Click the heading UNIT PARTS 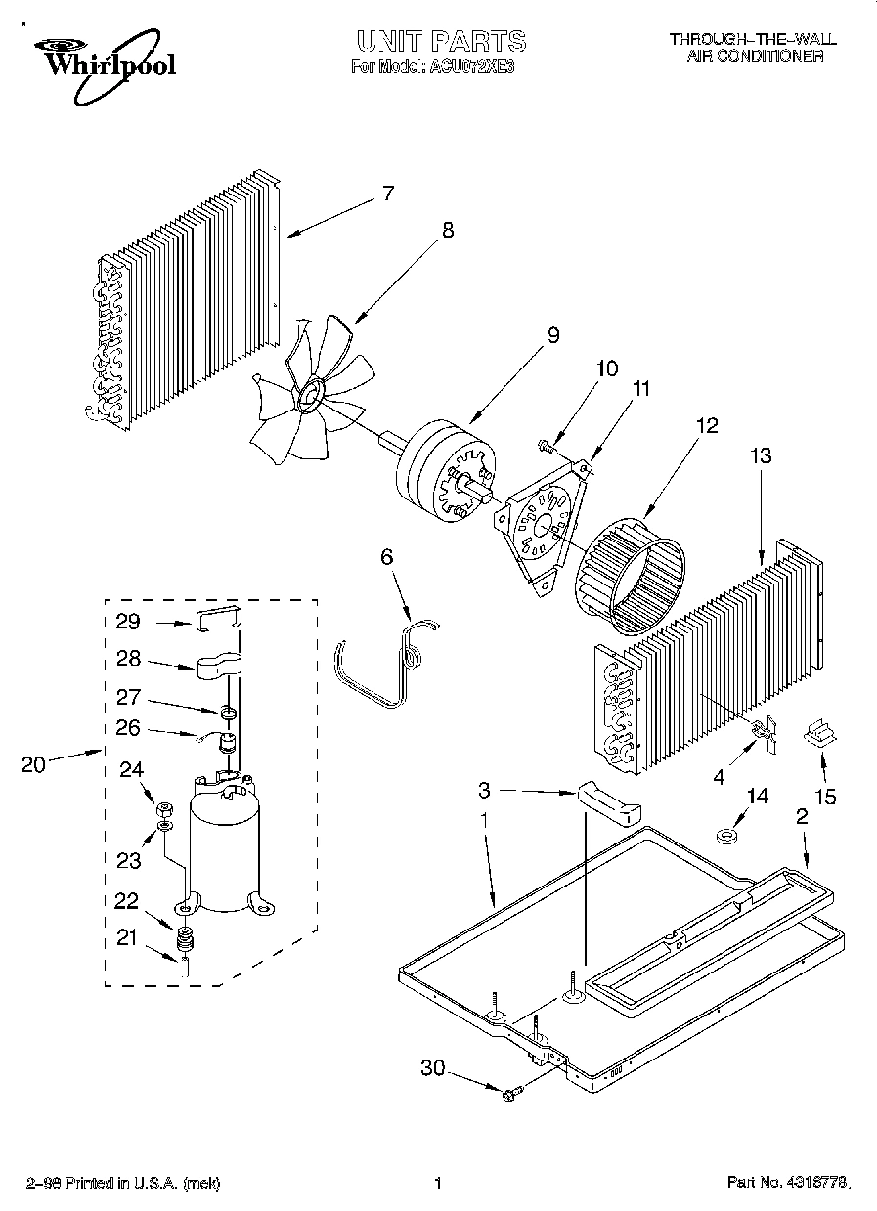[440, 41]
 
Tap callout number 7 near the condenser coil [387, 194]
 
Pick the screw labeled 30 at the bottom [511, 1097]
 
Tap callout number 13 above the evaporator [761, 455]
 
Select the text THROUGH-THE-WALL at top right [752, 39]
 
